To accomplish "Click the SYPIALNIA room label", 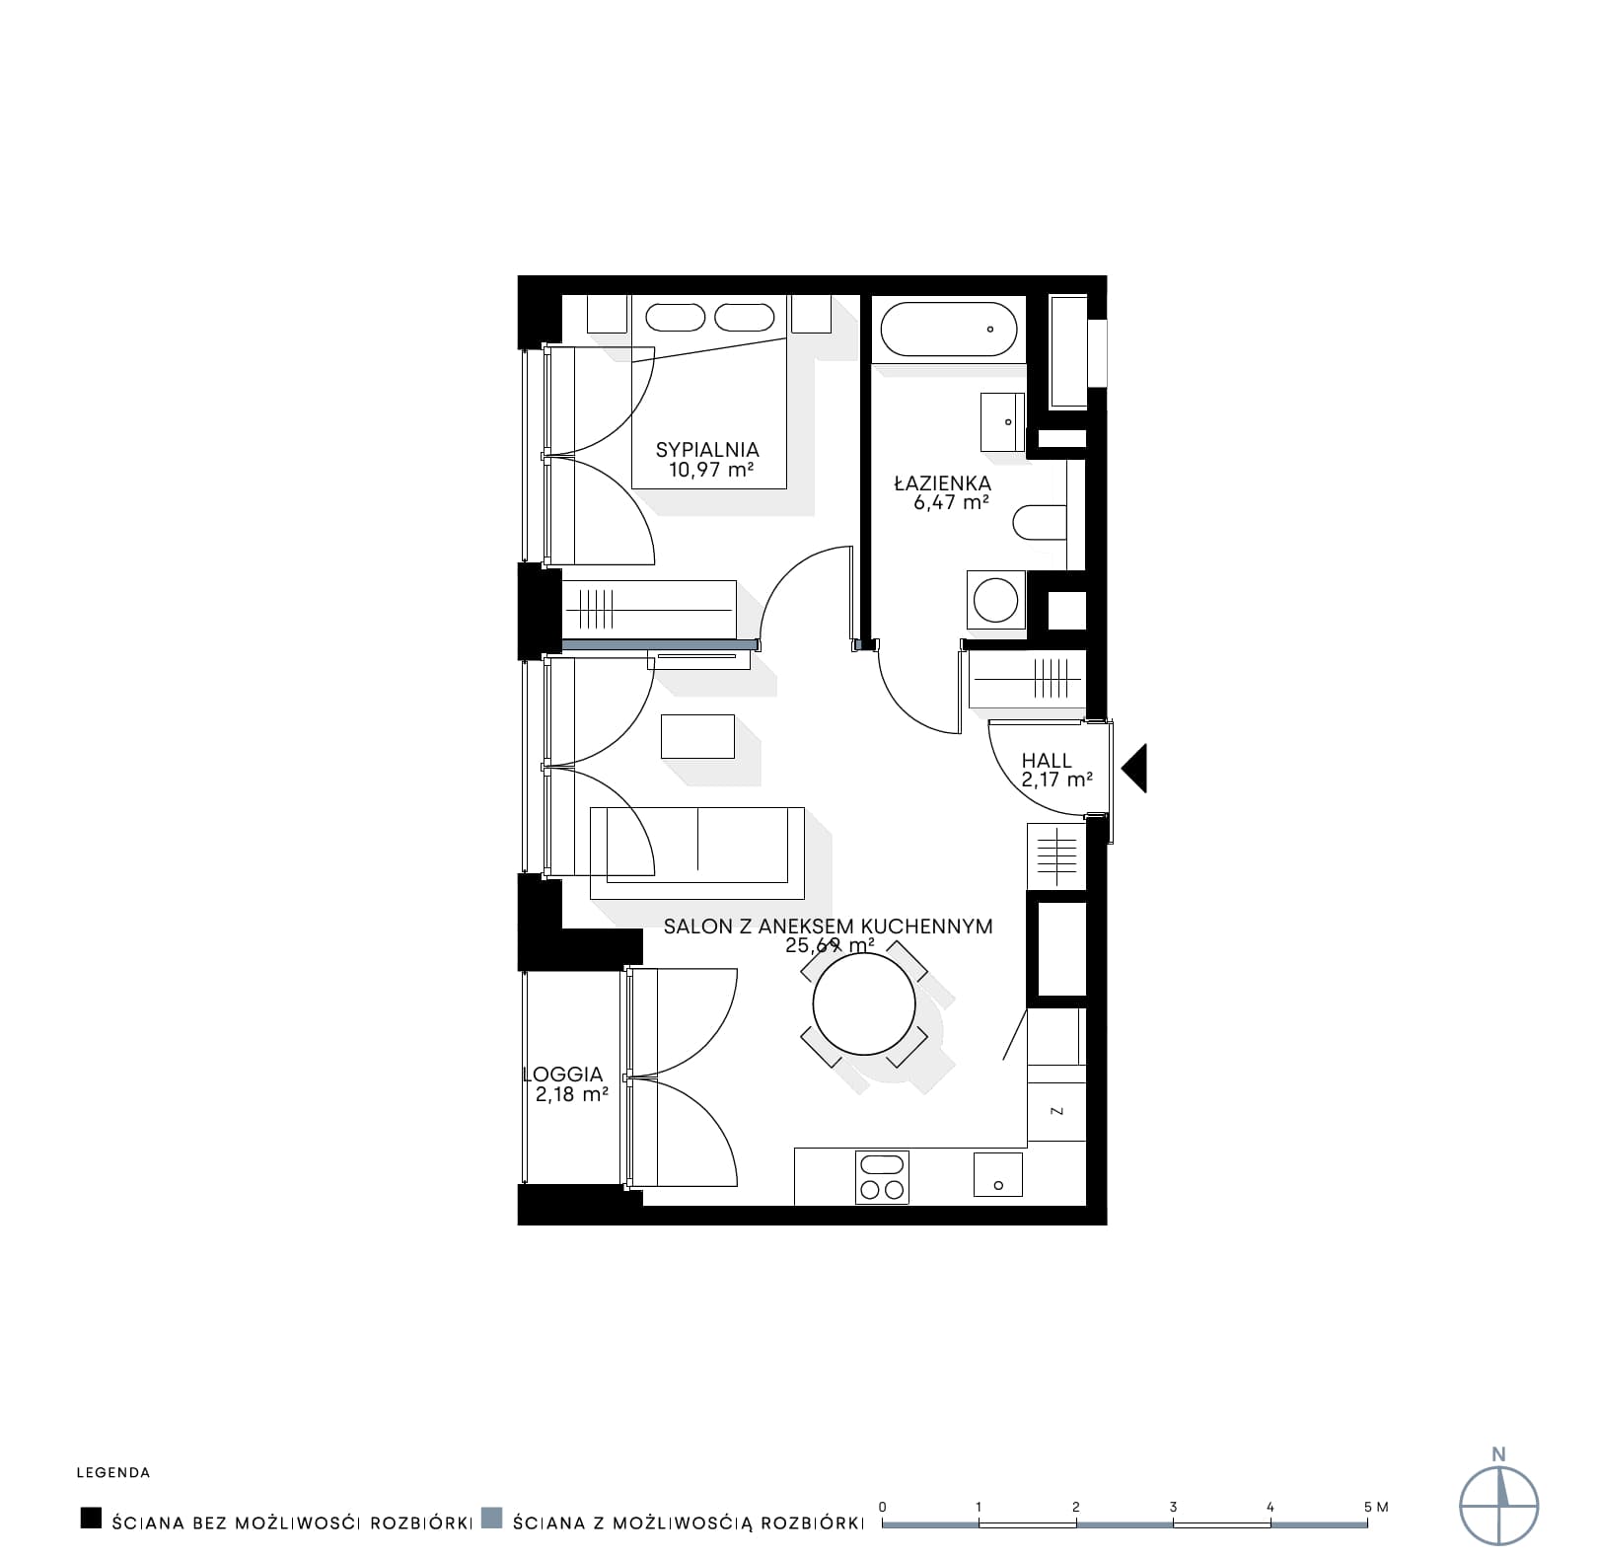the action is point(707,451).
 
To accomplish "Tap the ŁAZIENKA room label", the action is point(942,483).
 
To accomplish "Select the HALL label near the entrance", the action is point(1047,761).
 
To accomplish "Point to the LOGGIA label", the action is point(562,1075).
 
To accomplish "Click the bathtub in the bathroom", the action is point(948,330).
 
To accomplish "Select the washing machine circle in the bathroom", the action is point(996,599).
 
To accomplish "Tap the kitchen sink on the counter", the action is point(998,1175).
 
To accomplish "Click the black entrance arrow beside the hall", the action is point(1134,768).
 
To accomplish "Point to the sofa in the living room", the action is point(696,853).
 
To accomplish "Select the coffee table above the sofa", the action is point(697,736).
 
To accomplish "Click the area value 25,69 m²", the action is point(830,945).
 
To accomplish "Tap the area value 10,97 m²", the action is point(711,470).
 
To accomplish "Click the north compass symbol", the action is point(1499,1506).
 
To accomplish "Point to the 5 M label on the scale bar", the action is point(1376,1507).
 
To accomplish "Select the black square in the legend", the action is point(91,1519).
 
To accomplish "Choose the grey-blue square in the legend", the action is point(492,1519).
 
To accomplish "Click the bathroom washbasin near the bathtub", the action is point(1002,421).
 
